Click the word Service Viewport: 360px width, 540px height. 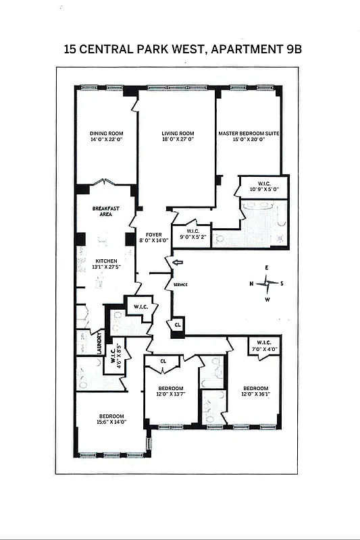tap(180, 285)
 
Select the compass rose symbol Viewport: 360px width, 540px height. tap(267, 283)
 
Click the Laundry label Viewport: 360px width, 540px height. tap(99, 343)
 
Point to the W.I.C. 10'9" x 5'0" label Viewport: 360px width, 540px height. tap(264, 186)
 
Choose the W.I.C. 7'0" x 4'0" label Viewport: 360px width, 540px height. tap(264, 346)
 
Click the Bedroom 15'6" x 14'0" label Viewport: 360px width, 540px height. tap(111, 419)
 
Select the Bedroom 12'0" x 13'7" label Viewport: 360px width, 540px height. tap(171, 392)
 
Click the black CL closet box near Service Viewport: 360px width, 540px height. tap(178, 325)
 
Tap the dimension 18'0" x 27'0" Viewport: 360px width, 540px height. tap(178, 140)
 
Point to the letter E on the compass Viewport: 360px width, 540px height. tap(267, 268)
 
